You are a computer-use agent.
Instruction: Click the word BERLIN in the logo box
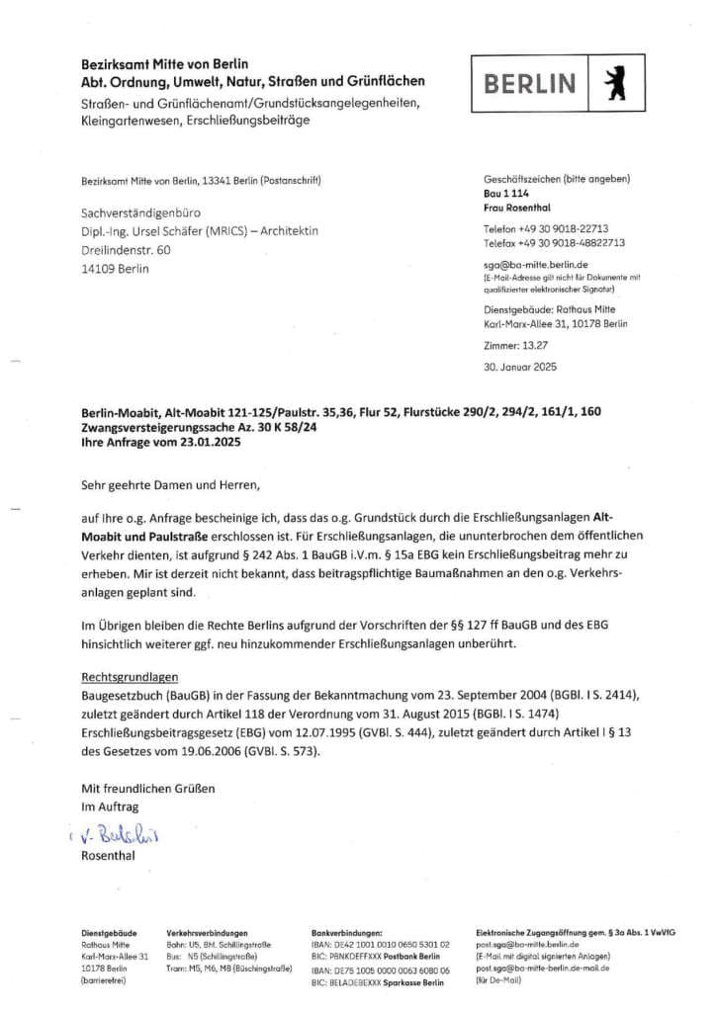coord(530,83)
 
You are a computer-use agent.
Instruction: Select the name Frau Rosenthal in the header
coord(517,208)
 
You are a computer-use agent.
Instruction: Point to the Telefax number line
coord(554,242)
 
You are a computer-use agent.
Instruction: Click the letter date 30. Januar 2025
coord(520,367)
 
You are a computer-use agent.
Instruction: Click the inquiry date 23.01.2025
coord(203,443)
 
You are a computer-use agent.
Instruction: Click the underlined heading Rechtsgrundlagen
coord(130,678)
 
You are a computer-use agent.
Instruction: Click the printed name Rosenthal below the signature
coord(110,856)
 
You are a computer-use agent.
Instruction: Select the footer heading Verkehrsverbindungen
coord(207,932)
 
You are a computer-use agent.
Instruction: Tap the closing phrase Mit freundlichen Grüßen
coord(147,789)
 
